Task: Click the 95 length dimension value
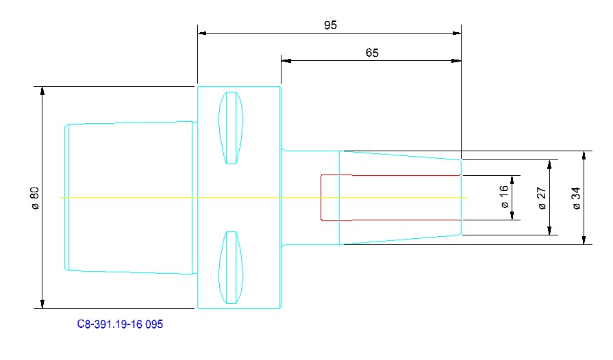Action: [330, 25]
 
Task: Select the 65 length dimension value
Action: [372, 53]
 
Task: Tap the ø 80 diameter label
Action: [35, 198]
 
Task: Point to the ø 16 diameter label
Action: [504, 196]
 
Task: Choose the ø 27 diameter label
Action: [542, 198]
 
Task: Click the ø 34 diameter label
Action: [576, 198]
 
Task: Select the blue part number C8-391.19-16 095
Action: [120, 324]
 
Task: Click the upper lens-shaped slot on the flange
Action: [231, 128]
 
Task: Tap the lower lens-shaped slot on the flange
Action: [231, 268]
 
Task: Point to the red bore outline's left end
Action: [321, 198]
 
